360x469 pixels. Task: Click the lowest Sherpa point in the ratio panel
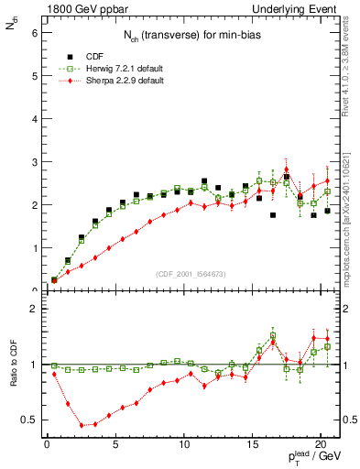tap(82, 425)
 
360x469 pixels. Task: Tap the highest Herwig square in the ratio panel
tap(273, 335)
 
